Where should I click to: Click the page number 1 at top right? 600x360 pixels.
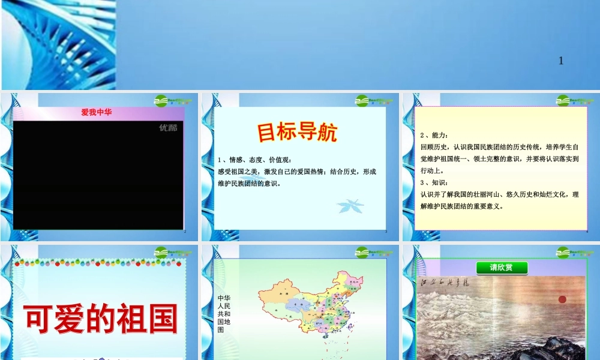pos(561,61)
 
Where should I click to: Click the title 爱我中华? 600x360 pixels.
pos(97,112)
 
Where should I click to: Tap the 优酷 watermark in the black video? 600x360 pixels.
pos(168,127)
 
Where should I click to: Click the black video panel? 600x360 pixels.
pos(98,175)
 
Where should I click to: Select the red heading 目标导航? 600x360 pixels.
pos(298,133)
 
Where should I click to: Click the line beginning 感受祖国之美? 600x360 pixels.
pos(297,172)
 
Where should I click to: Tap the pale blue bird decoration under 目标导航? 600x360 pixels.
pos(350,206)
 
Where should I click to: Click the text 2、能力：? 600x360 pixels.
pos(435,136)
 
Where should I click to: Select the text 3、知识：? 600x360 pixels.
pos(435,182)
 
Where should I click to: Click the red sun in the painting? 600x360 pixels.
pos(562,299)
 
